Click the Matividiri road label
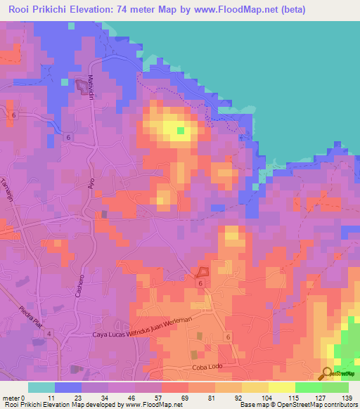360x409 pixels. (91, 88)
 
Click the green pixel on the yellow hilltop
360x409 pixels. (181, 130)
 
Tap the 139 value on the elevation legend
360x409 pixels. (347, 398)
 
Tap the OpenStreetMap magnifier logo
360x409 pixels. (328, 374)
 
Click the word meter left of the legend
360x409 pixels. (11, 398)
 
